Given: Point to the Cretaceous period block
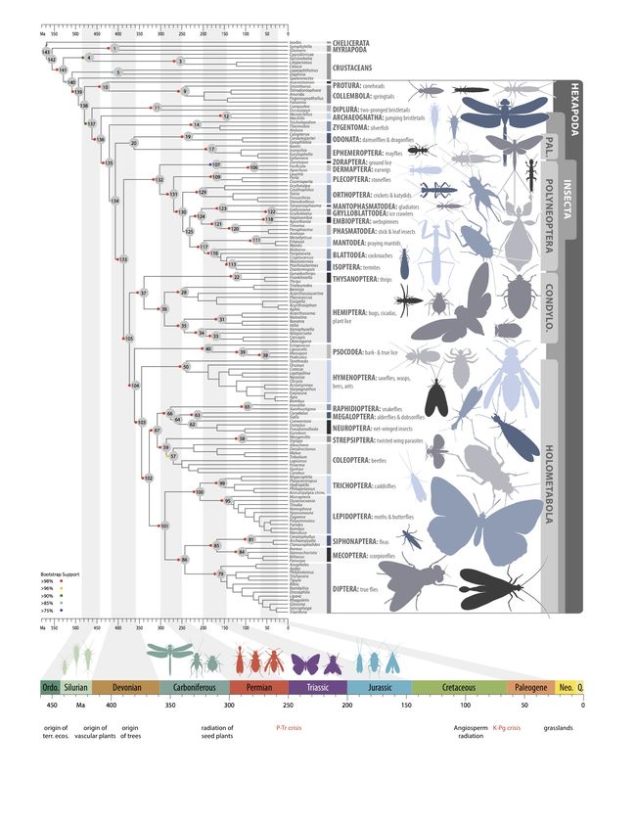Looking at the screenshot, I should tap(458, 688).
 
